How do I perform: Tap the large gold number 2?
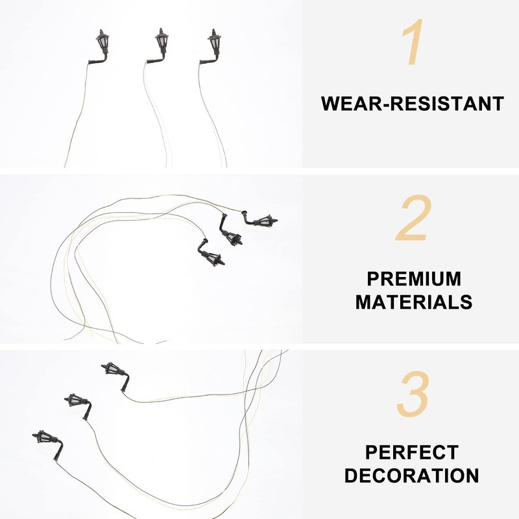[414, 218]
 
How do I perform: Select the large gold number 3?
[414, 394]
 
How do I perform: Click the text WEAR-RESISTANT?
[413, 103]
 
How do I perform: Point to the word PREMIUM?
[414, 279]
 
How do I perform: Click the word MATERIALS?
[414, 302]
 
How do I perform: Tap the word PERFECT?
[412, 452]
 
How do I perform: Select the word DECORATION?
[412, 476]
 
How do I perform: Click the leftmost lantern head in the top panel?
[103, 42]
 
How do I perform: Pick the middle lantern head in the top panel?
[162, 40]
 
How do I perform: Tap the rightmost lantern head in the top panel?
[215, 42]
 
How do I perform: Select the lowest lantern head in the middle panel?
[215, 258]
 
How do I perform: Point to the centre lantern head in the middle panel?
[234, 237]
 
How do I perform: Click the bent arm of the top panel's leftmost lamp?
[99, 59]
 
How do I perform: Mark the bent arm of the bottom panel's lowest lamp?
[58, 449]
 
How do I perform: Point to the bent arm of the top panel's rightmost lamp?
[210, 59]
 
